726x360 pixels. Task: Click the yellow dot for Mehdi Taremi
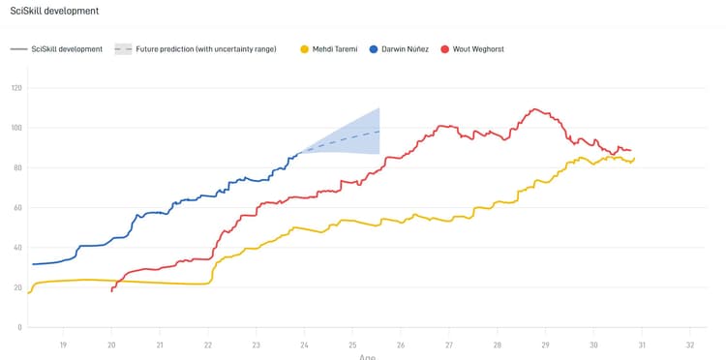tap(306, 48)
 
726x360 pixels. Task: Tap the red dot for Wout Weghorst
tap(444, 48)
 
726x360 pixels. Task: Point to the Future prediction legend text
tap(206, 48)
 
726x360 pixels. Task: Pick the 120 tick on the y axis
tap(16, 88)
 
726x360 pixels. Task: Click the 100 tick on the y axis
tap(16, 128)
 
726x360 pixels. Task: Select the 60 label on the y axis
tap(16, 208)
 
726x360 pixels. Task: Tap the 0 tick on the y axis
tap(19, 328)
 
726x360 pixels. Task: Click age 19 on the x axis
tap(63, 345)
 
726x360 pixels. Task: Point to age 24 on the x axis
tap(304, 345)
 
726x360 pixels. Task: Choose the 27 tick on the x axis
tap(449, 345)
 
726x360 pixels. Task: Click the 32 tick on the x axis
tap(690, 345)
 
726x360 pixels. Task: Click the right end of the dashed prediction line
tap(379, 131)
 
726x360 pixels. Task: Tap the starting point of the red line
tap(112, 290)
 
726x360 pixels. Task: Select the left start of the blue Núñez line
tap(32, 264)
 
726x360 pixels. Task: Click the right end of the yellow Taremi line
tap(634, 159)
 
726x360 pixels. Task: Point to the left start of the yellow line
tap(29, 292)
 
